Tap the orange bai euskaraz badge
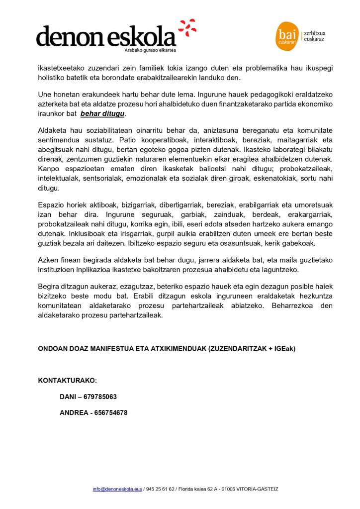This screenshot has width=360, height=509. coord(286,36)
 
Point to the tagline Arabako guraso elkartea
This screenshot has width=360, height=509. coord(150,50)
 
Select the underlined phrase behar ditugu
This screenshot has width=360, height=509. coord(103,114)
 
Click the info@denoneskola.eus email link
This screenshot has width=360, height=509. coord(117,489)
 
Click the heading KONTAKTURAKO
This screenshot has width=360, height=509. coord(67,381)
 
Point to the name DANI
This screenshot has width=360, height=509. coord(67,397)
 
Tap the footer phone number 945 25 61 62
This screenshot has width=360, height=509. coord(160,489)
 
